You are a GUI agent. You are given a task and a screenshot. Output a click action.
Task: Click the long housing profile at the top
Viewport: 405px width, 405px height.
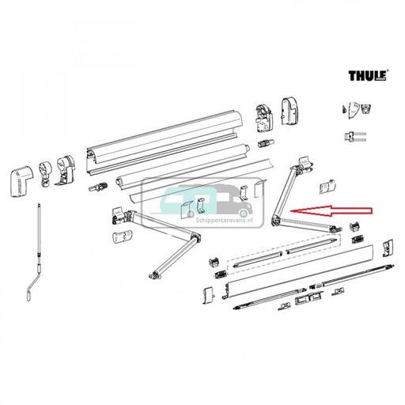166,142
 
